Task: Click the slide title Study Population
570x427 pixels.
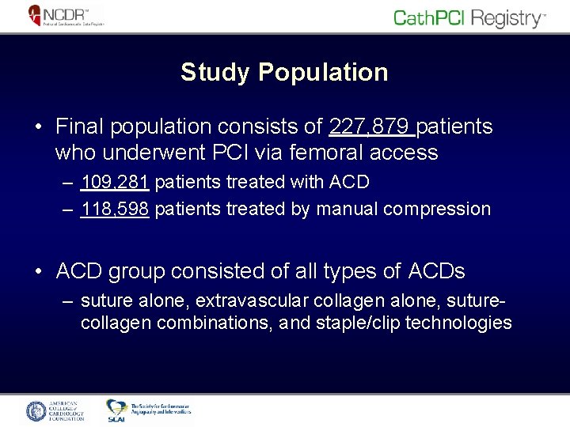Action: pyautogui.click(x=284, y=72)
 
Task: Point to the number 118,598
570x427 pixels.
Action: pyautogui.click(x=115, y=209)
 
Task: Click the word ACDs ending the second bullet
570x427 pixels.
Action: pyautogui.click(x=436, y=271)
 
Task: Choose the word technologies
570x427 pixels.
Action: pyautogui.click(x=458, y=323)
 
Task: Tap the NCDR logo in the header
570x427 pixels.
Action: pyautogui.click(x=66, y=16)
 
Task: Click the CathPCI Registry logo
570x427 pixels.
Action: pyautogui.click(x=469, y=18)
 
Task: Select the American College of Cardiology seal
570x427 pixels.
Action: pyautogui.click(x=37, y=410)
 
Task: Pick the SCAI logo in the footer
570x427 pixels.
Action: pyautogui.click(x=117, y=410)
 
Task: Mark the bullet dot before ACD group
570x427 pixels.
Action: pyautogui.click(x=39, y=272)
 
